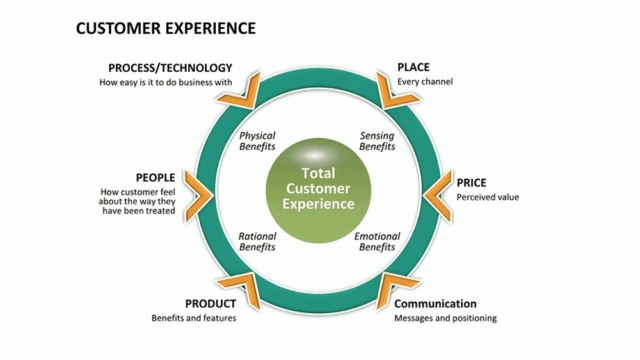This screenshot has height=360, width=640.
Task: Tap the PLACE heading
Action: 413,67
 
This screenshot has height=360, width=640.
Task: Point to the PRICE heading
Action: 472,183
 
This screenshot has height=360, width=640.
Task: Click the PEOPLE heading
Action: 155,178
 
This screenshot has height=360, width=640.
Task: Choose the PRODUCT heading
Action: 210,304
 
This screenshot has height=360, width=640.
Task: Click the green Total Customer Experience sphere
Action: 318,188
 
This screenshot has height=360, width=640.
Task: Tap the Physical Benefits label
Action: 257,141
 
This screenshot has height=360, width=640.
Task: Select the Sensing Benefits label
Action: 377,141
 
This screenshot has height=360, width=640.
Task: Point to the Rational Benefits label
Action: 257,242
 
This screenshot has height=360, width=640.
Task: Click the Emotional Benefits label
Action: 377,242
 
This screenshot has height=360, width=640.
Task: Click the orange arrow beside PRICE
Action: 438,191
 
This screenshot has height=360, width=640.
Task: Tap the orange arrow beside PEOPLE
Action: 198,191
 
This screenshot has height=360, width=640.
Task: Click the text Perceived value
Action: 488,197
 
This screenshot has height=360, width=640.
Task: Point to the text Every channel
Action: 424,81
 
